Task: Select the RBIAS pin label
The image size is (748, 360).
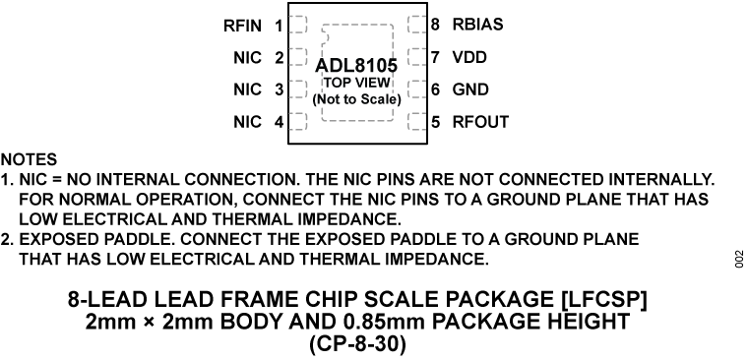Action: tap(483, 25)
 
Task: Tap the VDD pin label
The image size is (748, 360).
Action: tap(469, 57)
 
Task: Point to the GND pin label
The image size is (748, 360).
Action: tap(470, 90)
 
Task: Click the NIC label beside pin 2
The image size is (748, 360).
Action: tap(247, 58)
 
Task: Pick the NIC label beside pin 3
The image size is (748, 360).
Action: tap(247, 90)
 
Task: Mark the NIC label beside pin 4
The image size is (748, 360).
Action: tap(247, 122)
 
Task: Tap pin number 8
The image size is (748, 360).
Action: tap(435, 25)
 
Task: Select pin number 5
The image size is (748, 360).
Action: tap(435, 122)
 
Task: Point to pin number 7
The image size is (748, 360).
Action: tap(435, 57)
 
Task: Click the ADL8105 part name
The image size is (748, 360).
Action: tap(355, 67)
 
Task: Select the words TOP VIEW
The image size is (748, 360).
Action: tap(356, 84)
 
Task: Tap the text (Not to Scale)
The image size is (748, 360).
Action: tap(356, 99)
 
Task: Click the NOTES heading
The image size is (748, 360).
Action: tap(29, 159)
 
